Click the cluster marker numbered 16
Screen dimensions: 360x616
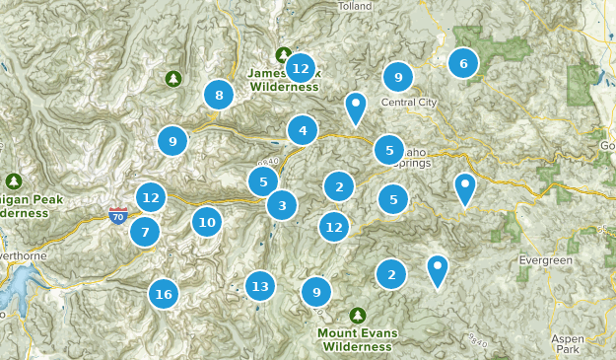[164, 293]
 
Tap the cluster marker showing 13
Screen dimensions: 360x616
[259, 286]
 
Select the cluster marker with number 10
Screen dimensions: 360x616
[206, 222]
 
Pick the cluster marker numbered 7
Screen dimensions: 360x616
[145, 233]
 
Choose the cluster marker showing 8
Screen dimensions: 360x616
[219, 96]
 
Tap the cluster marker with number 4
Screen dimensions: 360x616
[303, 129]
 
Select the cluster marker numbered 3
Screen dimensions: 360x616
[282, 205]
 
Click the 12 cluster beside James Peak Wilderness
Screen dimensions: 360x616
[301, 68]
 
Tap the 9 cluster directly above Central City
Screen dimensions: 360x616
[397, 76]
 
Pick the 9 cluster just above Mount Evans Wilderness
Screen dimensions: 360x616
[316, 291]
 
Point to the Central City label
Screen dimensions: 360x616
[408, 102]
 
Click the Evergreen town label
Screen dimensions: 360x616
[545, 259]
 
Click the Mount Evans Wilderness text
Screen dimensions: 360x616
[357, 339]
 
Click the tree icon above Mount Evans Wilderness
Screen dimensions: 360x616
[357, 315]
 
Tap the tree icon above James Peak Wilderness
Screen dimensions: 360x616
[284, 55]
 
